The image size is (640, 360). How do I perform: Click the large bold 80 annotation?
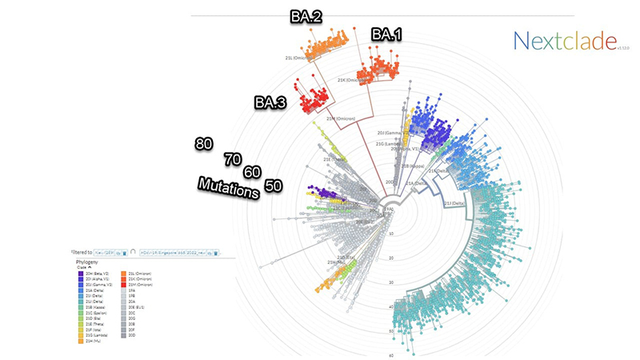pos(203,143)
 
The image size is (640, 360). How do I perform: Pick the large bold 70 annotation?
pos(233,158)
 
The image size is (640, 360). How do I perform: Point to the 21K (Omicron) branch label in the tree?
pos(352,80)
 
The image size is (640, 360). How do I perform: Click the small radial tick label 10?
pos(391,234)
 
